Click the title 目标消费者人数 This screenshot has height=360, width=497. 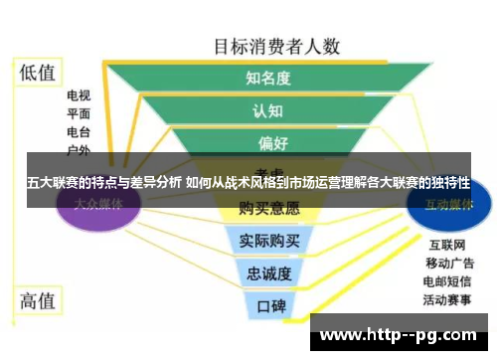pos(277,46)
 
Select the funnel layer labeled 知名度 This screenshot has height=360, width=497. pos(268,78)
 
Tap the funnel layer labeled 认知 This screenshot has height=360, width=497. pos(268,110)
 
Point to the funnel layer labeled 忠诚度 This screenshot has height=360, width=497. pos(267,271)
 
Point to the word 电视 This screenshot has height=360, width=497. pos(79,96)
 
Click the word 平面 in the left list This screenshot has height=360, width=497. pos(79,114)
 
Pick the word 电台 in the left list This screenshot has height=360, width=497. pos(79,132)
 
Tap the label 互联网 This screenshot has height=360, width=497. pos(443,245)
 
